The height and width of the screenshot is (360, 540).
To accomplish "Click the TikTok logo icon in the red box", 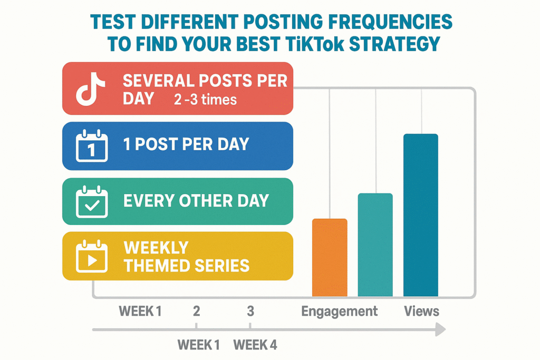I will click(x=91, y=89).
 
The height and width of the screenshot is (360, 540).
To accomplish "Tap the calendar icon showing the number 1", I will click(x=92, y=147).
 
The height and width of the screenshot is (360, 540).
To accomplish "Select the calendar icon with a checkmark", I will click(x=92, y=202).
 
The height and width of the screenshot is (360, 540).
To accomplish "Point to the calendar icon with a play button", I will click(x=92, y=257).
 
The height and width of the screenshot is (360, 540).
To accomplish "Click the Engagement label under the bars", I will click(x=339, y=311).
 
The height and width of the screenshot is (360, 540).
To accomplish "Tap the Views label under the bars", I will click(x=421, y=311).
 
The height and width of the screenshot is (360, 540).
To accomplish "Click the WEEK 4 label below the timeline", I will click(x=255, y=345).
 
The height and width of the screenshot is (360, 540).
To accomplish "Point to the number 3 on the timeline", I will click(x=250, y=311).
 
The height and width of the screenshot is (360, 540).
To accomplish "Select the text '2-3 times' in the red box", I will click(x=205, y=100).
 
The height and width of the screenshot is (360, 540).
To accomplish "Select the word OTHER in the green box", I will click(x=197, y=201).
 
